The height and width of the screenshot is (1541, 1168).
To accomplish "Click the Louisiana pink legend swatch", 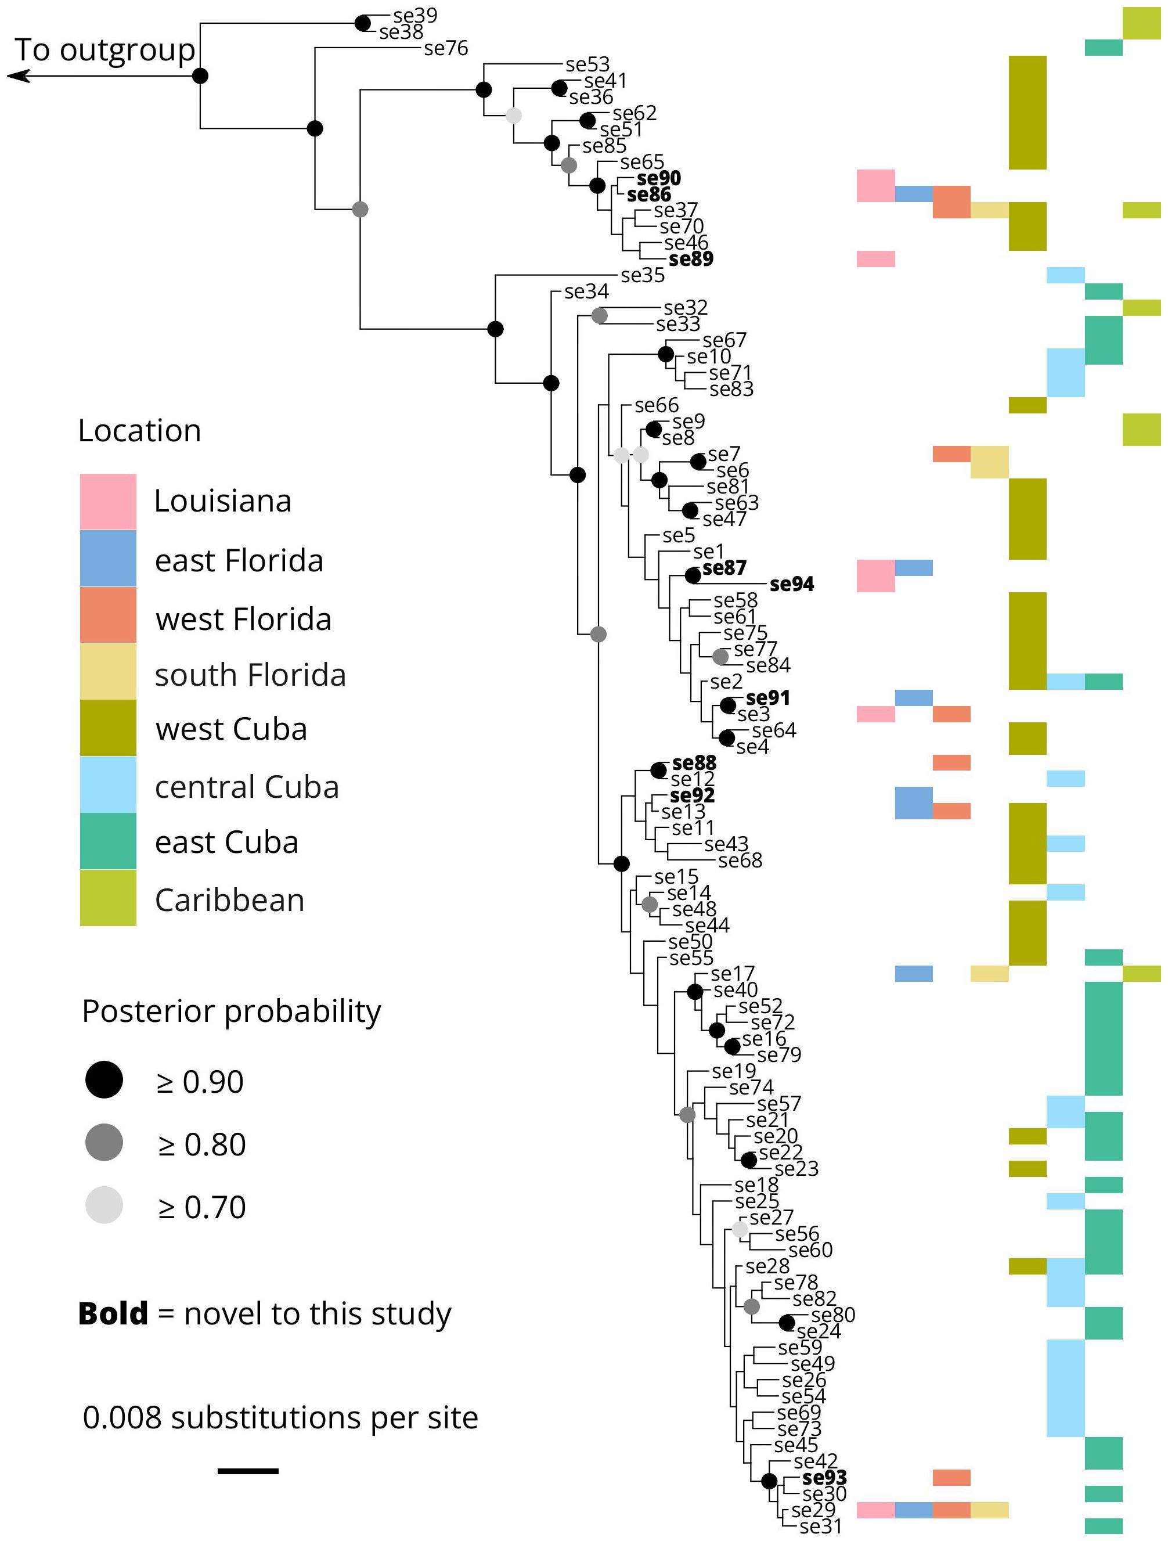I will point(108,502).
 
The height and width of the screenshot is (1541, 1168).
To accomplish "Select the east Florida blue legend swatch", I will point(108,558).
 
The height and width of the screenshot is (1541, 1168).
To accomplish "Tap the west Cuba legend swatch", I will point(108,728).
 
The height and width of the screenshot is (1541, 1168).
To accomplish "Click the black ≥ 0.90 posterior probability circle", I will point(104,1081).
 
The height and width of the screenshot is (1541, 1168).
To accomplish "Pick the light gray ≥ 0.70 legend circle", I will point(104,1205).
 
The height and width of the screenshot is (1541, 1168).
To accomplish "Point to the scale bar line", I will point(248,1471).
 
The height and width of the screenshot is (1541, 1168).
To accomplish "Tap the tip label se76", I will point(446,48).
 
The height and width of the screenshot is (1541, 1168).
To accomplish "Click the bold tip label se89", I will point(691,259).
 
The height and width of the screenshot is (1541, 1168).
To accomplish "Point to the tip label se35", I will point(643,275).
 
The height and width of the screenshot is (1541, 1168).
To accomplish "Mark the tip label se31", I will point(820,1527).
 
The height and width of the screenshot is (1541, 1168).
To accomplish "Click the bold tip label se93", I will point(825,1478).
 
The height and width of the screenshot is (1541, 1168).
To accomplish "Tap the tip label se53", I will point(587,65).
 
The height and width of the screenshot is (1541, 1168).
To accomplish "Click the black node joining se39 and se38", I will point(363,24).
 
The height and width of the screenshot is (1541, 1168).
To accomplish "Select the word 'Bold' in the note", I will point(113,1314).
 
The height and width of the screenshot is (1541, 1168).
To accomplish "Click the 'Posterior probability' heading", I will point(231,1011).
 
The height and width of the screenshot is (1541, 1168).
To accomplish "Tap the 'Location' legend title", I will point(139,430).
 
